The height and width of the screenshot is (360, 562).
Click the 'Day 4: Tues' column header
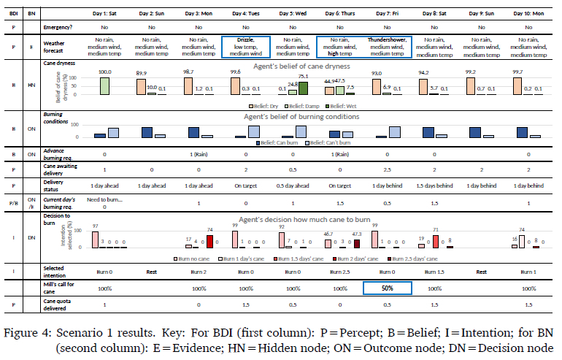pos(247,13)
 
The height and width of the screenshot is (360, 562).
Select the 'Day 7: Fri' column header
pos(388,13)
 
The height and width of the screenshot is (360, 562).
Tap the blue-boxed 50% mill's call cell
pos(388,288)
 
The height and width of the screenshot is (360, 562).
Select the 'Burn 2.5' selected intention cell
pos(341,272)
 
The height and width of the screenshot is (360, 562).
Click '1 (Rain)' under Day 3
pos(199,155)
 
